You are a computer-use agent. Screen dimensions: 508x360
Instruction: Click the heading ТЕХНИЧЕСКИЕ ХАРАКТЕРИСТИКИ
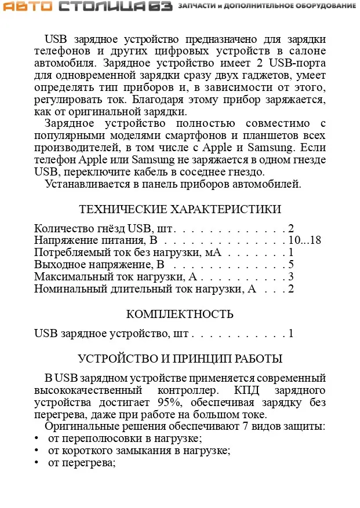180,209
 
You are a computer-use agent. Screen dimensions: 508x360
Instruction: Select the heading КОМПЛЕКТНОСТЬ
180,315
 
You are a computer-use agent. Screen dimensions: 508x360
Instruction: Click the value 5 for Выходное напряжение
292,265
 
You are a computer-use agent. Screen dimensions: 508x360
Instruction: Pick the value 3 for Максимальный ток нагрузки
292,277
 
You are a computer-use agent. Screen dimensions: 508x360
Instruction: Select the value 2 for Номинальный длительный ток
292,288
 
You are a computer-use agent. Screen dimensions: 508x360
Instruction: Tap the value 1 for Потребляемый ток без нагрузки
292,253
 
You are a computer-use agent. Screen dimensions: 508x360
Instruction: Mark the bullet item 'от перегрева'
82,463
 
